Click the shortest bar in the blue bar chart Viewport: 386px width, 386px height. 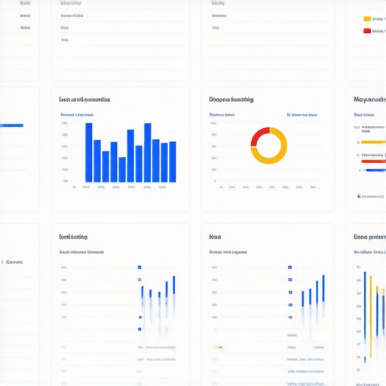[122, 170]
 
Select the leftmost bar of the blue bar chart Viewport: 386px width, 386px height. [89, 152]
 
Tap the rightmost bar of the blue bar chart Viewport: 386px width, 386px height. [173, 161]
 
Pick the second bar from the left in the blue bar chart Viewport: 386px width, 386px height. [97, 161]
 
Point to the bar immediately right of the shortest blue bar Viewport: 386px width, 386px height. [130, 156]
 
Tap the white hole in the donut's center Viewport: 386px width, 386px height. [268, 146]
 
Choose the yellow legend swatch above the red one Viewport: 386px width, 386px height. [367, 19]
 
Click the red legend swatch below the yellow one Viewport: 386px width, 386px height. [367, 31]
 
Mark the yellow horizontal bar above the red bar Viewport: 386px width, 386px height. [373, 142]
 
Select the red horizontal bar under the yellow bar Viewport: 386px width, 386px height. [373, 161]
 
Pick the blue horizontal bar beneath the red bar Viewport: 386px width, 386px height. [375, 170]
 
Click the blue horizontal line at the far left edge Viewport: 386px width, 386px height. [11, 125]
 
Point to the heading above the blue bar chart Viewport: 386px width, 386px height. [84, 99]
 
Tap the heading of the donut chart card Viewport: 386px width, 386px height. [231, 99]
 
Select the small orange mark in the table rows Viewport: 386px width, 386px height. [219, 348]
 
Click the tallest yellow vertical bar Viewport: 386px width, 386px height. [370, 305]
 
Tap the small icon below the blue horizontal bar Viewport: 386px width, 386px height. [358, 196]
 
